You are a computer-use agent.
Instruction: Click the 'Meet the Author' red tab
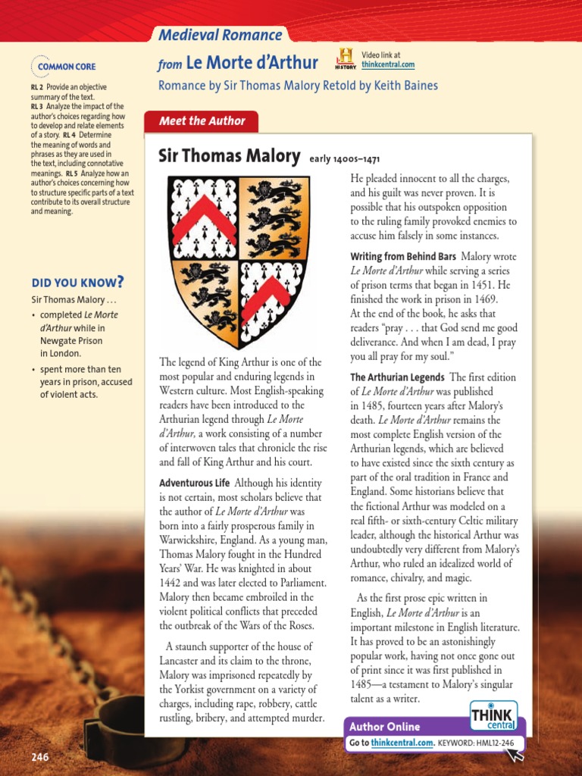click(x=202, y=121)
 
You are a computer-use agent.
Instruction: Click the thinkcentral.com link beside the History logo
click(x=388, y=65)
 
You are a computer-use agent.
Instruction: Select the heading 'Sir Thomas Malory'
click(x=229, y=157)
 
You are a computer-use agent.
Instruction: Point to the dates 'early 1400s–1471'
click(x=344, y=160)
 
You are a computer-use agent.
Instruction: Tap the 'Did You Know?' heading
click(x=77, y=283)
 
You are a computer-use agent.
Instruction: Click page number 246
click(x=40, y=758)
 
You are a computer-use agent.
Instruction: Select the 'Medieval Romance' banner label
click(x=220, y=35)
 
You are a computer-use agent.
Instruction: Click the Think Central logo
click(x=493, y=716)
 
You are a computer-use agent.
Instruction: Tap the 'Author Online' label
click(x=378, y=727)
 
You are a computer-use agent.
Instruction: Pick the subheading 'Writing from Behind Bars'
click(x=402, y=257)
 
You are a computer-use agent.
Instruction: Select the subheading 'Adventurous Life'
click(x=194, y=483)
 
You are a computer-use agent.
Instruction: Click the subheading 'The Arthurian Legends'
click(x=397, y=377)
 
